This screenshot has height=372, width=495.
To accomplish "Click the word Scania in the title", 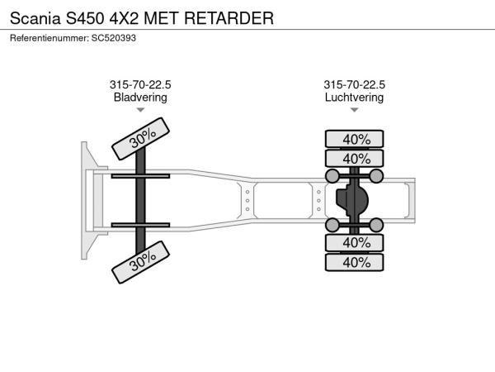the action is tap(35, 18).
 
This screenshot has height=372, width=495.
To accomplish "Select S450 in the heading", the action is tap(85, 18).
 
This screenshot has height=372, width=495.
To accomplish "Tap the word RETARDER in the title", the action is tap(229, 18).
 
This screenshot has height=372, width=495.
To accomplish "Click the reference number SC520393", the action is tap(114, 38).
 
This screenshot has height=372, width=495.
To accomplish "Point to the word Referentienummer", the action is tap(49, 38).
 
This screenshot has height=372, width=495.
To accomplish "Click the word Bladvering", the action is tap(140, 97).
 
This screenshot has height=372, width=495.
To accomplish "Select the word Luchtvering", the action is tap(354, 97).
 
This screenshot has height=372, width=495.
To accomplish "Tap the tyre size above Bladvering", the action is tap(140, 84).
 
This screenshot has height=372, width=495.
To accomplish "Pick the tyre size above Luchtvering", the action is tap(354, 84).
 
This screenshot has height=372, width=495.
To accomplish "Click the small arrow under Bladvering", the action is tap(140, 110).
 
